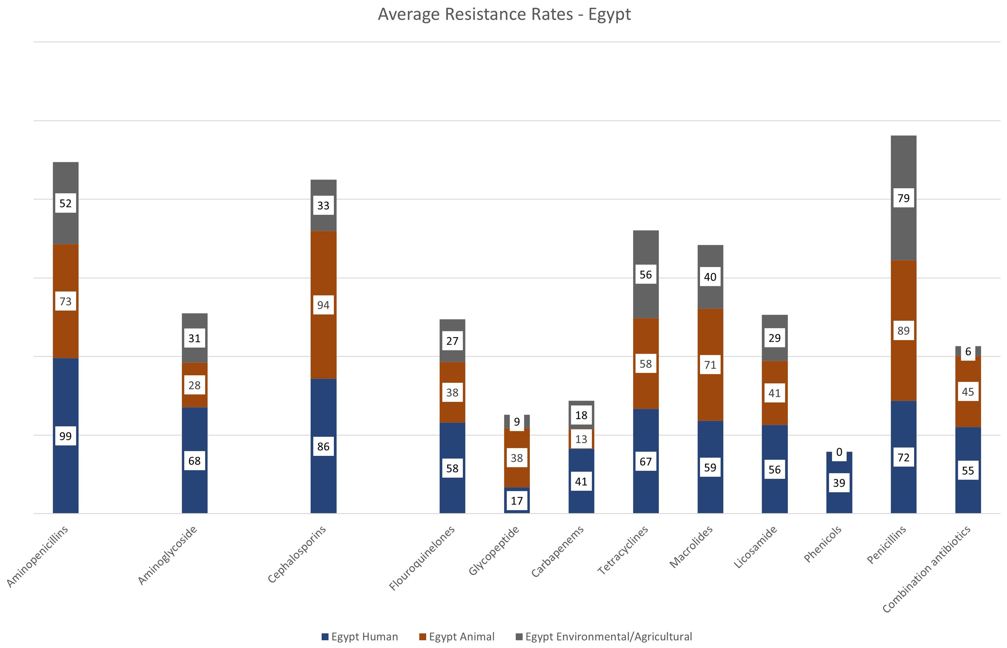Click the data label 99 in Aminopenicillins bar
pyautogui.click(x=66, y=436)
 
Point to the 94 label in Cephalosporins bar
pyautogui.click(x=323, y=305)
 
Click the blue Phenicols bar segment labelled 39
pyautogui.click(x=839, y=497)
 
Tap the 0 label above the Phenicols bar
pyautogui.click(x=839, y=452)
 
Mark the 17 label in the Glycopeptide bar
pyautogui.click(x=517, y=501)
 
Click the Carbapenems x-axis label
pyautogui.click(x=557, y=551)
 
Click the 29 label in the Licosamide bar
pyautogui.click(x=775, y=338)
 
